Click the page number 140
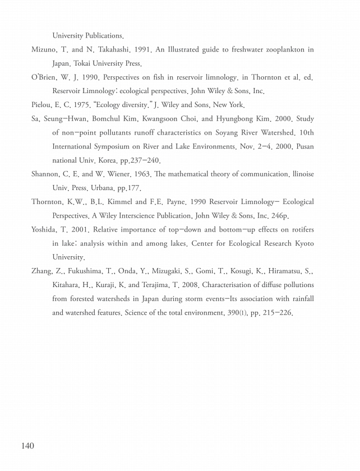coord(27,446)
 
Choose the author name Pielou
coord(43,104)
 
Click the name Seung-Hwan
coord(66,119)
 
